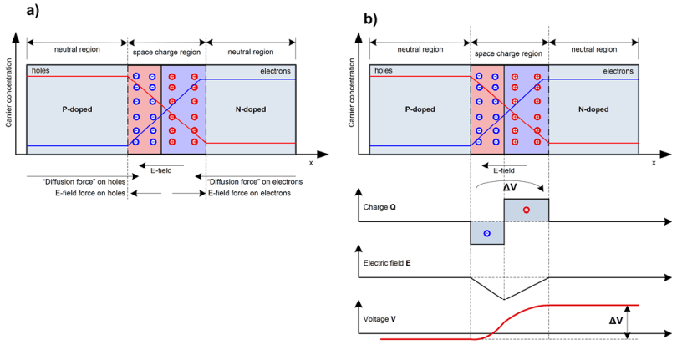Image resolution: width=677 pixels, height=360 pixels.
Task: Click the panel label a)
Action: point(33,10)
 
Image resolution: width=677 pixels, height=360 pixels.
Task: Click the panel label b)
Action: point(370,19)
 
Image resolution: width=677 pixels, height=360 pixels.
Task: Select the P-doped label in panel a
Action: point(77,109)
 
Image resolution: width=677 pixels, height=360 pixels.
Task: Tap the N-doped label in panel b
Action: point(593,109)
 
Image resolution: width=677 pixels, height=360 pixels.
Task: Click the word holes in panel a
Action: point(41,70)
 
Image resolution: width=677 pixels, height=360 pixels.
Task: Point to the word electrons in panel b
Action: point(618,71)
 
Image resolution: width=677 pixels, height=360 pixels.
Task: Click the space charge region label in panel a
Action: point(166,53)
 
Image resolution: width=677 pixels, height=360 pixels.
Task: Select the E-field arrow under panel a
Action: point(161,165)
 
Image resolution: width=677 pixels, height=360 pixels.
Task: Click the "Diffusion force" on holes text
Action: point(84,182)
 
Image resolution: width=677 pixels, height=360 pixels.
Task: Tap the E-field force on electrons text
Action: point(250,193)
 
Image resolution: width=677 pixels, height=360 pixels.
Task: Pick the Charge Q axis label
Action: point(379,207)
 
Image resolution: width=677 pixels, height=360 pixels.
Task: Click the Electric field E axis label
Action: point(387,263)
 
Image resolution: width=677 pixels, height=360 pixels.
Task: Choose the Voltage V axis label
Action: point(379,319)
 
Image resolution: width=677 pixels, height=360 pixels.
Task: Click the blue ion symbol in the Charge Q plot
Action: point(487,234)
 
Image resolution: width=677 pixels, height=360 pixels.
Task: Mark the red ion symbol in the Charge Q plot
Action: point(526,210)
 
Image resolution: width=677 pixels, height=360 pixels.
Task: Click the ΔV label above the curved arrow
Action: point(510,188)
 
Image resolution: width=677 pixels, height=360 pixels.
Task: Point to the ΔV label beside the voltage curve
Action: point(616,321)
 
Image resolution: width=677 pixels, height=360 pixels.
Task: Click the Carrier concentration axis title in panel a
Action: point(8,94)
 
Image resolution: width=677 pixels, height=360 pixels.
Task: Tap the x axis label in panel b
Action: point(654,163)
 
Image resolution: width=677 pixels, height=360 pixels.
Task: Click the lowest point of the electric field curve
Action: point(504,299)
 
